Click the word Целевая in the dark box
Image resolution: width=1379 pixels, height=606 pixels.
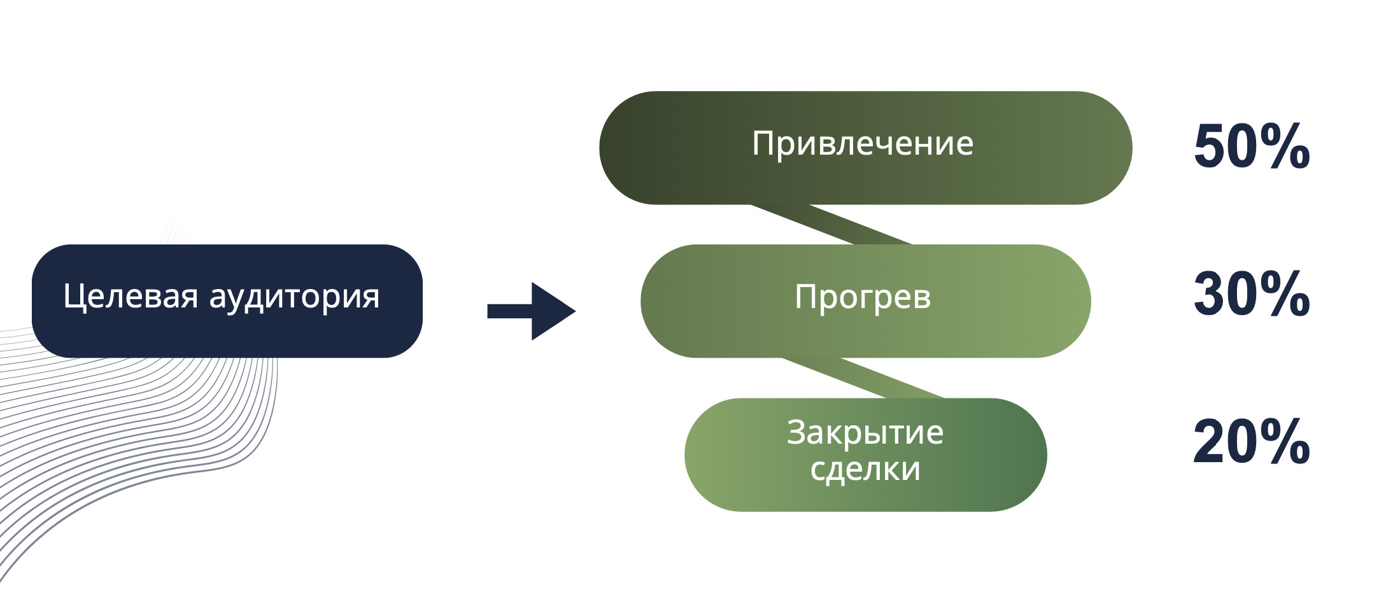pos(130,297)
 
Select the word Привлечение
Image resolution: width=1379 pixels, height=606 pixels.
pos(862,144)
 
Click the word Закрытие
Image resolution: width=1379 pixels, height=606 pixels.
pos(865,433)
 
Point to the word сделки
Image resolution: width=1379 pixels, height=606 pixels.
pos(865,469)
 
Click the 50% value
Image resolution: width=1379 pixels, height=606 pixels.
pos(1251,148)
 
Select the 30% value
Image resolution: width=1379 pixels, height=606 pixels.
pos(1251,295)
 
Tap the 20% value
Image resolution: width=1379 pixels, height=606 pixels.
pos(1251,442)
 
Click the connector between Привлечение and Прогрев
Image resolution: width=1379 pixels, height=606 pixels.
pos(831,225)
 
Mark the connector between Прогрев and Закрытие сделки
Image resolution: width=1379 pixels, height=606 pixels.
pos(863,378)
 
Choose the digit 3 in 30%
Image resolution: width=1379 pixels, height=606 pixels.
pos(1209,295)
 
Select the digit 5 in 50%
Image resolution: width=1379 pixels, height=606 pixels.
pos(1210,148)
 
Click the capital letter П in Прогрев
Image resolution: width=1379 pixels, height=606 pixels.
pos(805,297)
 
